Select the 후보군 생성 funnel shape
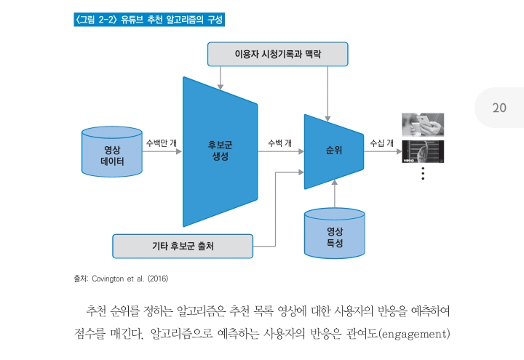click(x=220, y=151)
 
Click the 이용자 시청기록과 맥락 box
click(x=277, y=54)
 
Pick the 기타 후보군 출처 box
click(x=183, y=246)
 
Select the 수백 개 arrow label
click(x=280, y=142)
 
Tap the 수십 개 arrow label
click(x=381, y=142)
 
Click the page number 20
click(x=499, y=108)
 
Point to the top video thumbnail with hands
click(x=423, y=124)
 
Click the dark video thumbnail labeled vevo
click(x=423, y=152)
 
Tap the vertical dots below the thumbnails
click(x=422, y=174)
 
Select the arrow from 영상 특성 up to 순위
click(x=335, y=195)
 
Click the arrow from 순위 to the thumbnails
click(x=383, y=152)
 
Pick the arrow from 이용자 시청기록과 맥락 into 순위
click(x=329, y=91)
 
